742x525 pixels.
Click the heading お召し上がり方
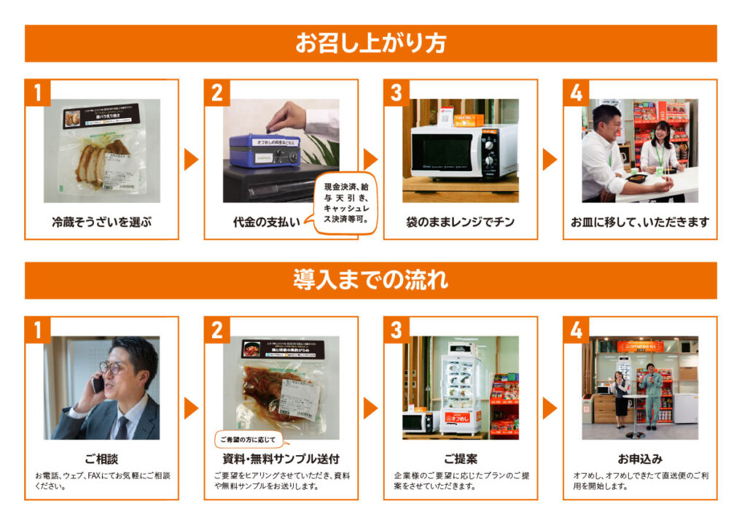(370, 44)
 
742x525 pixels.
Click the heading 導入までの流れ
(370, 280)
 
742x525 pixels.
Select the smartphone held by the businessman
(98, 384)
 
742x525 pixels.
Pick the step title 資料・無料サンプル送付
(281, 459)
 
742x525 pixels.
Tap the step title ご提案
(460, 459)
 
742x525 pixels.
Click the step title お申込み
(639, 459)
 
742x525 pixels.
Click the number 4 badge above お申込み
(576, 330)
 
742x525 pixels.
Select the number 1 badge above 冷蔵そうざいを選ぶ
(37, 93)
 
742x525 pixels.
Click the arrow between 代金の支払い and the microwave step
(370, 159)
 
